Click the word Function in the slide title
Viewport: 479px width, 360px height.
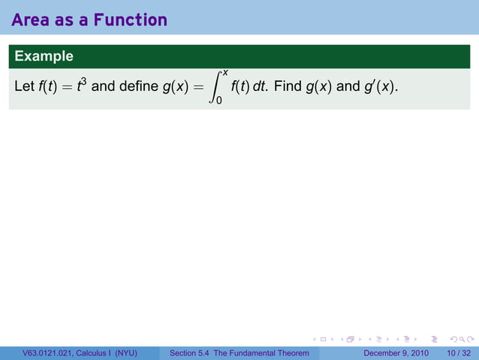131,20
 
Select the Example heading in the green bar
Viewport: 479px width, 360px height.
44,56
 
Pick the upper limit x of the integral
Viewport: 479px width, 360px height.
225,71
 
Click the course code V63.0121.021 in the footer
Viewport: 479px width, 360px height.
51,353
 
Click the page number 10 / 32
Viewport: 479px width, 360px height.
459,353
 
